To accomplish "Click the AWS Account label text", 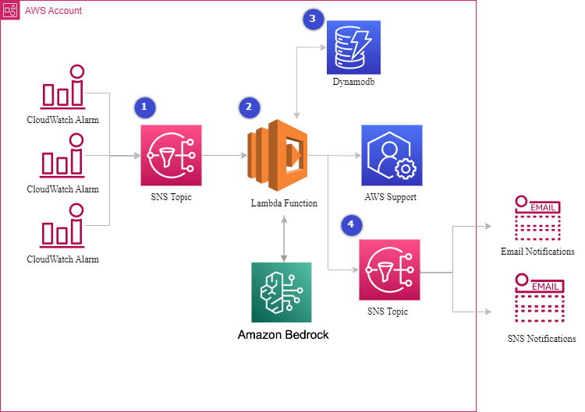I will click(x=52, y=11).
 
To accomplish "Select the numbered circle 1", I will click(x=144, y=107).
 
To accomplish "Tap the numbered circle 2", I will click(x=249, y=107).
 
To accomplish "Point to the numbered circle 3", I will click(x=313, y=19).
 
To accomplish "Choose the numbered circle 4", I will click(x=351, y=225).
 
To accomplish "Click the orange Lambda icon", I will click(x=277, y=155).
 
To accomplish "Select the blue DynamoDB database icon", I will click(x=353, y=48).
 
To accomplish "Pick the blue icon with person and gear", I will click(x=392, y=155).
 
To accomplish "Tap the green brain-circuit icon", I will click(x=281, y=292).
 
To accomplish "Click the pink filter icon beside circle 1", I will click(x=171, y=155).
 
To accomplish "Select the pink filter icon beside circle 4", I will click(x=389, y=269).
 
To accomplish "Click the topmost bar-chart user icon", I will click(x=62, y=87).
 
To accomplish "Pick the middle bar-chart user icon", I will click(x=62, y=156).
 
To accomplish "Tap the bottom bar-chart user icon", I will click(x=62, y=226).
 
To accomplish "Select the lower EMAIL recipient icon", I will click(x=538, y=298).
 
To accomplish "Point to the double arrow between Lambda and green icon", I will click(x=283, y=238).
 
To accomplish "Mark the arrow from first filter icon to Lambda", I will click(x=224, y=156).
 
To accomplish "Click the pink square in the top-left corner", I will click(x=10, y=10).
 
